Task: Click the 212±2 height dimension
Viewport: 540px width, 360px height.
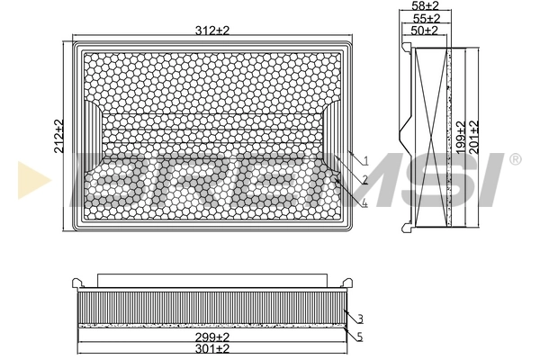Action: tap(59, 136)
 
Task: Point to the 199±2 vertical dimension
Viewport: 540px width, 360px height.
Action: tap(461, 138)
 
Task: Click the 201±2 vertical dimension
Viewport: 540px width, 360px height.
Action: tap(474, 137)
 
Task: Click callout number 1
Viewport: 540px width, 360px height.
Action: tap(366, 160)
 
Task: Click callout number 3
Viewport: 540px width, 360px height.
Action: tap(360, 319)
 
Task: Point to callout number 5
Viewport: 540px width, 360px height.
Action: tap(360, 338)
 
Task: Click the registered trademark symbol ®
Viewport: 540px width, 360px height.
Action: tap(515, 159)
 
